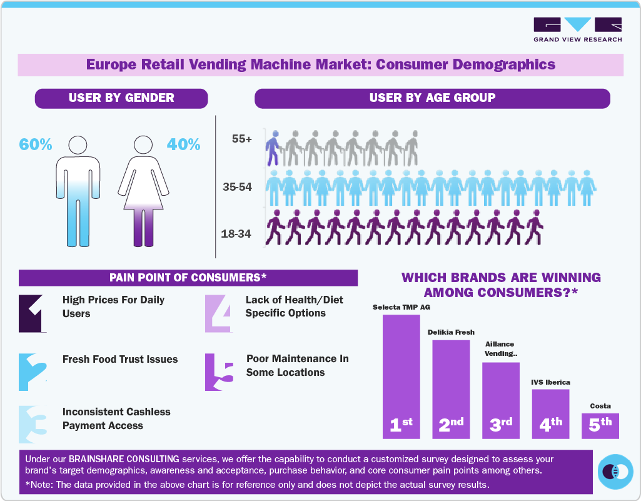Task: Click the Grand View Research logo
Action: [577, 29]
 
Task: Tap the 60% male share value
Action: [36, 144]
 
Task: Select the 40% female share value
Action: [183, 144]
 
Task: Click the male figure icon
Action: [78, 190]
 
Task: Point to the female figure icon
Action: [143, 190]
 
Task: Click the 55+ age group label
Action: [241, 139]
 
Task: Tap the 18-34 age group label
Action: [236, 234]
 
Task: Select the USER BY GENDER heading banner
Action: [121, 98]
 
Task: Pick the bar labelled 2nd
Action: [451, 388]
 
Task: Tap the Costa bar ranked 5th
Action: [600, 425]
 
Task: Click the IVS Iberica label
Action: [550, 382]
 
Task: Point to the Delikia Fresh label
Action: [451, 332]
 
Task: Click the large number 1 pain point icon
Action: [33, 313]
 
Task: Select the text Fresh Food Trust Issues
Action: [120, 359]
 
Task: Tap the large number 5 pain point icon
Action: [220, 372]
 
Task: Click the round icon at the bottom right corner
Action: [616, 470]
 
